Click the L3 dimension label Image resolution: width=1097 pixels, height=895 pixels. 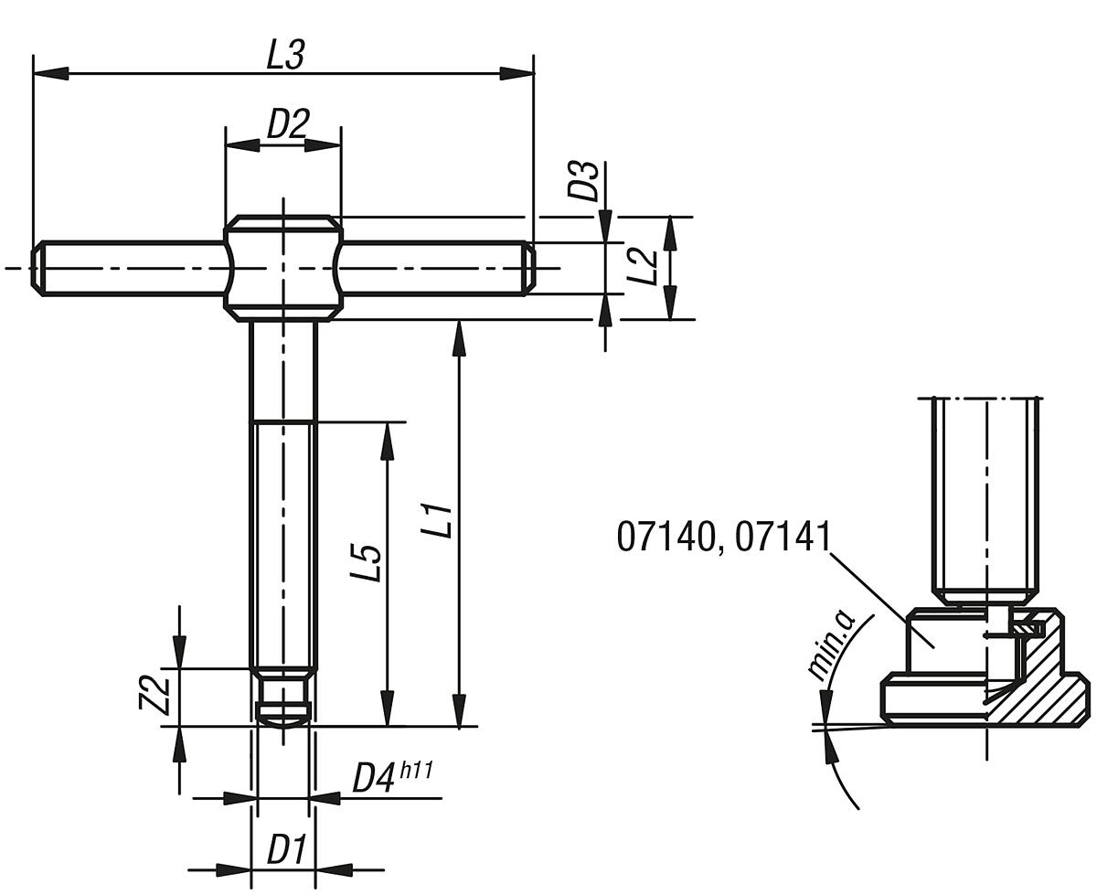pyautogui.click(x=284, y=56)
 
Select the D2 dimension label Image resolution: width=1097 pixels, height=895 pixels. pyautogui.click(x=287, y=124)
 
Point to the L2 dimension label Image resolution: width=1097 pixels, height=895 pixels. pyautogui.click(x=645, y=267)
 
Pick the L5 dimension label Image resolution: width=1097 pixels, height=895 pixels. pyautogui.click(x=366, y=561)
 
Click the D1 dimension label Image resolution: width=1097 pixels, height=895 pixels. pyautogui.click(x=285, y=850)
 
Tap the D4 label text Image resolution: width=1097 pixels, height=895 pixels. pyautogui.click(x=375, y=779)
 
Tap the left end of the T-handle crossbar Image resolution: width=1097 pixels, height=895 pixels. pyautogui.click(x=38, y=268)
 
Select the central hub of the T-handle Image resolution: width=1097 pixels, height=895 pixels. pyautogui.click(x=282, y=268)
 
